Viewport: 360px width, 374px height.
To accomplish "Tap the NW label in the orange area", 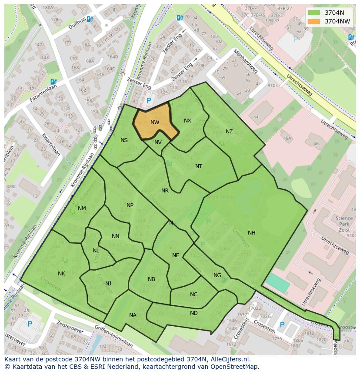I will pos(155,122).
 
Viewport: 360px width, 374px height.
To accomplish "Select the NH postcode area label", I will pos(252,233).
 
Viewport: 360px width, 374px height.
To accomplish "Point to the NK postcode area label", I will pos(61,274).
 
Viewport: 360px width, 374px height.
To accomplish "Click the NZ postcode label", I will pos(229,132).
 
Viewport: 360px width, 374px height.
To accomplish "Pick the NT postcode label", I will pos(199,166).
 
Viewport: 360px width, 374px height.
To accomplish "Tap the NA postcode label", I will pos(133,315).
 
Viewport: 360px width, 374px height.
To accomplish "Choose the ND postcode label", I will pos(194,313).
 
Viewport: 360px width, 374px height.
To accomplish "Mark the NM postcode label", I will pos(82,209).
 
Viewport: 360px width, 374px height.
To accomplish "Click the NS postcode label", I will pos(124,140).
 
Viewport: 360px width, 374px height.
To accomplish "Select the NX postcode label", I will pos(187,121).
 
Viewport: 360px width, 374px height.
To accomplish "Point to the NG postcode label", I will pos(217,275).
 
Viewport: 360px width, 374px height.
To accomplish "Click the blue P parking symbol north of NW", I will pos(149,100).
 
